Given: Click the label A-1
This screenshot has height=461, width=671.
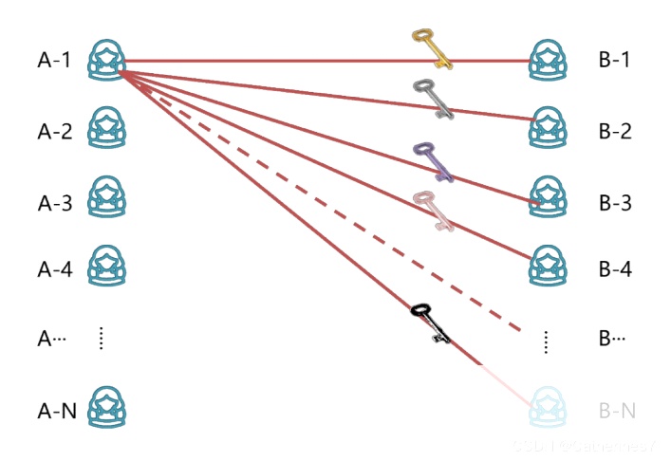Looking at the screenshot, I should pyautogui.click(x=55, y=60).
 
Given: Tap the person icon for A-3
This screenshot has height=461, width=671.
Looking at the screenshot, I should pyautogui.click(x=107, y=198).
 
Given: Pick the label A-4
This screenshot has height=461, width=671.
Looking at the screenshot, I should pyautogui.click(x=55, y=268).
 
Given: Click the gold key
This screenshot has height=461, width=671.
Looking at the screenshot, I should pyautogui.click(x=431, y=47).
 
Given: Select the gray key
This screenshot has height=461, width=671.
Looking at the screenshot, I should pyautogui.click(x=433, y=98).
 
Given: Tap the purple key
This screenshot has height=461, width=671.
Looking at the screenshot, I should pyautogui.click(x=434, y=160).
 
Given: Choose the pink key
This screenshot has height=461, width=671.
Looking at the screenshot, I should pyautogui.click(x=432, y=211).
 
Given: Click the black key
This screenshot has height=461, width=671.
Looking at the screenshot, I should pyautogui.click(x=430, y=323).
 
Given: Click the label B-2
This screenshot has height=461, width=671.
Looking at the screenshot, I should pyautogui.click(x=614, y=130).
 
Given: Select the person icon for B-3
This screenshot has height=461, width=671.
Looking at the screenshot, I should pyautogui.click(x=550, y=198).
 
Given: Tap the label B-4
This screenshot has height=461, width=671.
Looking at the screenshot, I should pyautogui.click(x=614, y=268).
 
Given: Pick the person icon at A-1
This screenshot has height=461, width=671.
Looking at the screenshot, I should pyautogui.click(x=107, y=59).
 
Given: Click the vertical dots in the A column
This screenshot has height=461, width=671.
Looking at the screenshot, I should pyautogui.click(x=101, y=339).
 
